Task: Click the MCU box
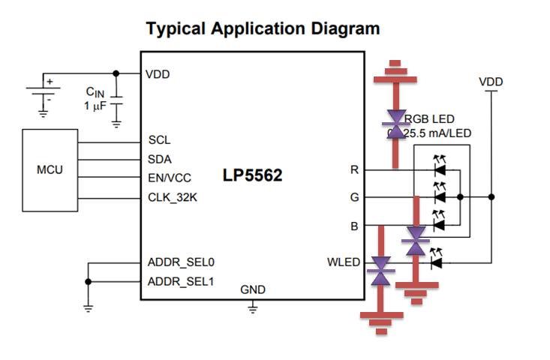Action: coord(50,170)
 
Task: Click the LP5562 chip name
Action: coord(252,175)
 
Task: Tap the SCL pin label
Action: coord(160,140)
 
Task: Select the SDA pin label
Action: coord(161,159)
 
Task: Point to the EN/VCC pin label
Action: coord(170,178)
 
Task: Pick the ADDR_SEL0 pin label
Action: coord(181,262)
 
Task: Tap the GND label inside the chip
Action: coord(253,289)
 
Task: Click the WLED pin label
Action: coord(344,262)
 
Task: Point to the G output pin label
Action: coord(354,197)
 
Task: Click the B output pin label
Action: coord(354,224)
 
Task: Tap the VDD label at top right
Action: coord(491,81)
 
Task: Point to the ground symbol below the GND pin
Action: coord(253,307)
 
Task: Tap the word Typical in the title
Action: coord(177,28)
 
